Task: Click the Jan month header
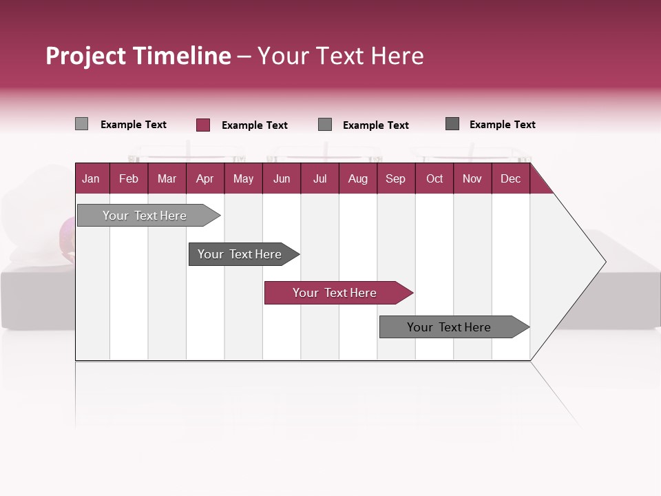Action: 92,178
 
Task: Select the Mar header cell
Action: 167,178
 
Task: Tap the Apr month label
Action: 204,178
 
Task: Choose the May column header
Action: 243,178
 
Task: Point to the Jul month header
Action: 319,178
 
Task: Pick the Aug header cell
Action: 357,178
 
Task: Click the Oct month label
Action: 434,178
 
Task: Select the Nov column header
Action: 472,178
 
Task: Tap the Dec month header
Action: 510,178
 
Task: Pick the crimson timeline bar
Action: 335,293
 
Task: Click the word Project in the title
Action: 86,56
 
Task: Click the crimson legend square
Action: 203,125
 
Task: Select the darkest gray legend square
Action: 452,124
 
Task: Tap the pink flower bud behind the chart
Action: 67,235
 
